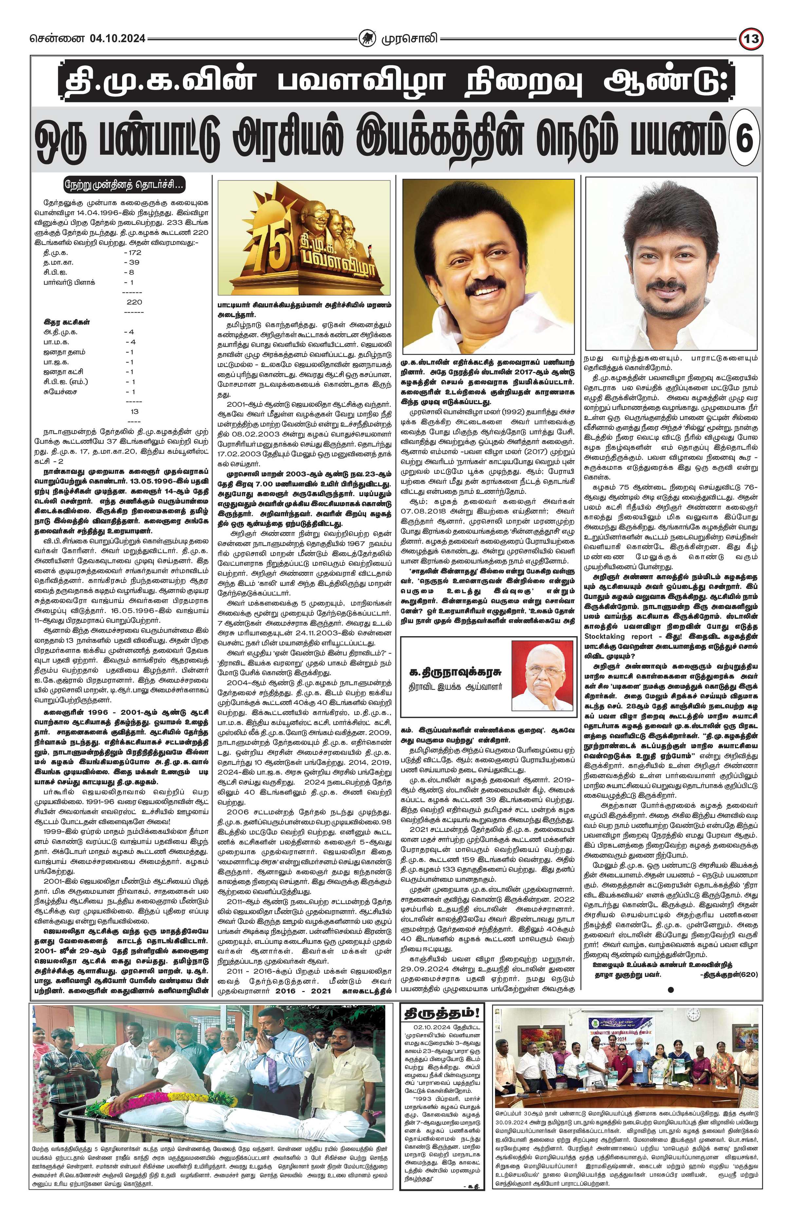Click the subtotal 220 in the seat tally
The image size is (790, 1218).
point(134,302)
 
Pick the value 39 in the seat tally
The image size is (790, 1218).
point(132,262)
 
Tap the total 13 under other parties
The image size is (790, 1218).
point(135,411)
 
